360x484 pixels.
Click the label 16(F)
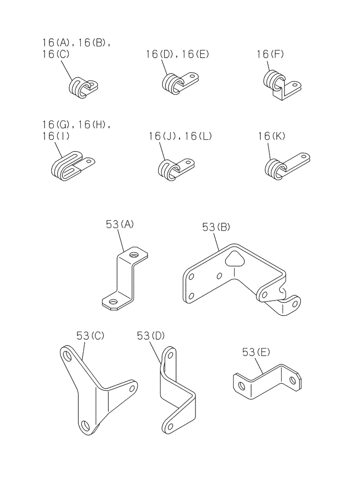coord(270,55)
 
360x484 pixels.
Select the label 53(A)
coord(120,224)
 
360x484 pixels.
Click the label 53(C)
coord(90,335)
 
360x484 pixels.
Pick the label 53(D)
coord(151,335)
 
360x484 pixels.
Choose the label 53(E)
coord(255,353)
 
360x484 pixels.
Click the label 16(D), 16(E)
coord(177,55)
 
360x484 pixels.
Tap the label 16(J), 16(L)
coord(180,137)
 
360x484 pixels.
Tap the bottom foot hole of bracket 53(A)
coord(113,303)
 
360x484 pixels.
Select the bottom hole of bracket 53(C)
coord(86,426)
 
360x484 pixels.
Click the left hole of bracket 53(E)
coord(240,385)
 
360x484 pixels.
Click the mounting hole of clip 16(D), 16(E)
coord(193,77)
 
